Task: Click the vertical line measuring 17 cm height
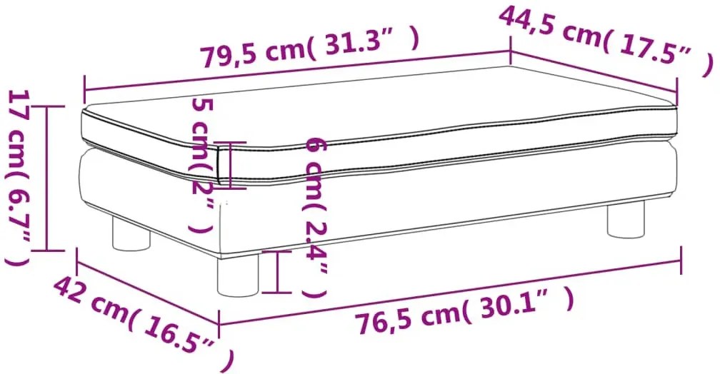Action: pos(47,178)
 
